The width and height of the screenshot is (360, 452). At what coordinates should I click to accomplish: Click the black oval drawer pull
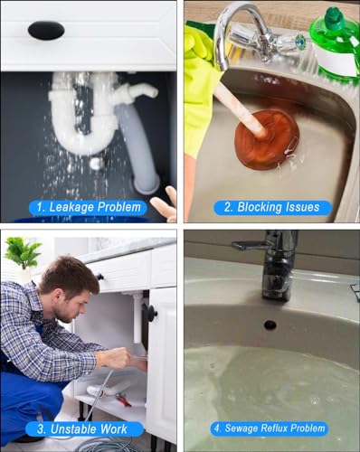coord(46,30)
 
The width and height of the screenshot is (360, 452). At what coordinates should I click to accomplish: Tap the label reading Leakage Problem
coord(88,207)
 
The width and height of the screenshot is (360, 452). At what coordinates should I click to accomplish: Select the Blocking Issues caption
coord(272,207)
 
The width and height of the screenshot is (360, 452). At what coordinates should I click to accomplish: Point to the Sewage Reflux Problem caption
coord(270,428)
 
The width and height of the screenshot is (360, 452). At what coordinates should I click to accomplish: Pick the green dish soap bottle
coord(336,45)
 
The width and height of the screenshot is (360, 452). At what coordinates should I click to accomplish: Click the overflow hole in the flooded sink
coord(270,325)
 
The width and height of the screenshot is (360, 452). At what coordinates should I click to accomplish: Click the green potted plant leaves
coord(23,252)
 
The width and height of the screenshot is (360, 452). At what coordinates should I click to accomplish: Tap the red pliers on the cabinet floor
coord(123,399)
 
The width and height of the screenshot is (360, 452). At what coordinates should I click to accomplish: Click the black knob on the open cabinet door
coord(151,313)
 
